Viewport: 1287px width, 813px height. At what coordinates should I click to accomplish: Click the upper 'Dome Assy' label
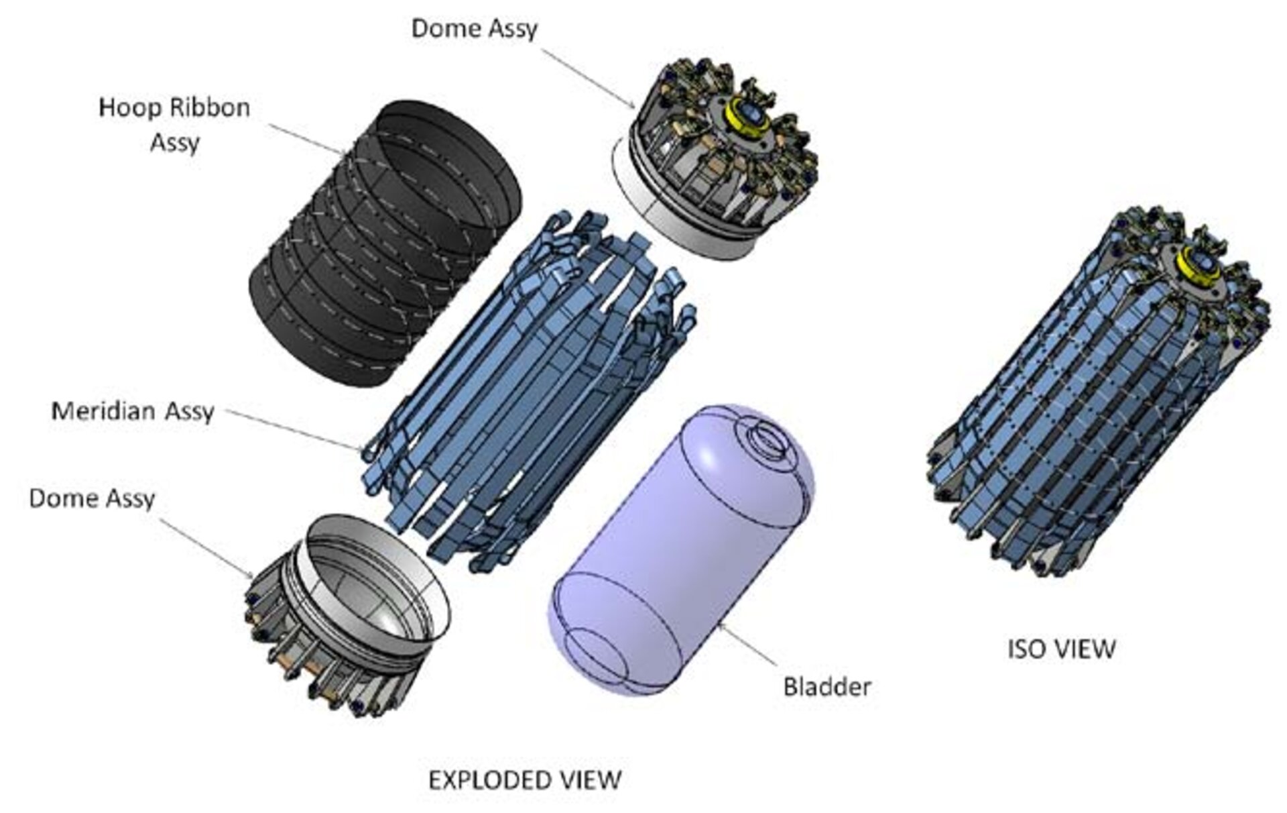(474, 29)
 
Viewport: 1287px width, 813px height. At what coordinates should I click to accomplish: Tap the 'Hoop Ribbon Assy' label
(174, 125)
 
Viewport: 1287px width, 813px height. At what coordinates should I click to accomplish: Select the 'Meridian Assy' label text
(133, 411)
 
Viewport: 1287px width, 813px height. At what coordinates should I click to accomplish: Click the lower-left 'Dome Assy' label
(92, 498)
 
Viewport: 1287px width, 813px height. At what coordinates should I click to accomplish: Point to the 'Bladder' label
(827, 686)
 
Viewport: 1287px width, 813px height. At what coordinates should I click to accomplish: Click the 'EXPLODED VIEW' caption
(525, 780)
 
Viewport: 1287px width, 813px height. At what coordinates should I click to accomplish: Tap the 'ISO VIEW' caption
(1062, 649)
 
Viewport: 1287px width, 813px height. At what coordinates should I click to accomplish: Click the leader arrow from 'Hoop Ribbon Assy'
(308, 141)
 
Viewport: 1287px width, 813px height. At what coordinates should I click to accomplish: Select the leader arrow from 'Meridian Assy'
(295, 429)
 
